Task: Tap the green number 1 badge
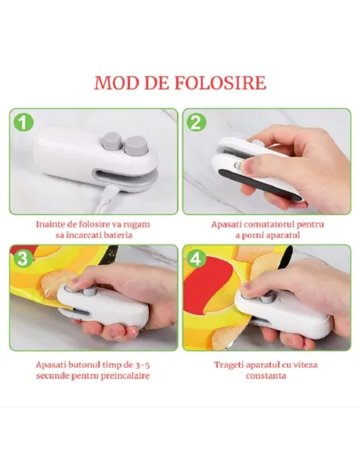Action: pyautogui.click(x=24, y=123)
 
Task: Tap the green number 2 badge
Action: pyautogui.click(x=197, y=123)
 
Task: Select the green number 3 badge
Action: pyautogui.click(x=24, y=259)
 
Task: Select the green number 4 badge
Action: pyautogui.click(x=197, y=259)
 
